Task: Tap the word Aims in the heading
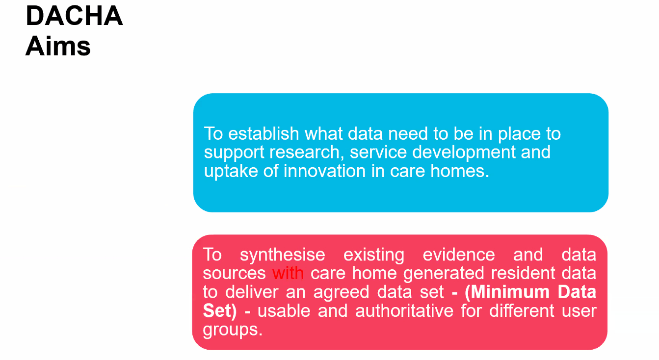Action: [x=58, y=46]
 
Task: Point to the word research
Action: [x=306, y=153]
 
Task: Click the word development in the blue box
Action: [x=464, y=153]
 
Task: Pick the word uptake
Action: [x=231, y=172]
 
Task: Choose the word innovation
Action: [x=324, y=171]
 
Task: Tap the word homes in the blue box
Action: [x=460, y=171]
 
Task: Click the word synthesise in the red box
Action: [x=283, y=255]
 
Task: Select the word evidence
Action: [x=459, y=255]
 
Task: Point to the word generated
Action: [x=444, y=274]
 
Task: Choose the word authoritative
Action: [x=404, y=311]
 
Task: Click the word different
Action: [x=522, y=311]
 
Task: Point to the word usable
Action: [x=284, y=311]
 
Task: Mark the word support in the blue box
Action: [x=234, y=153]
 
